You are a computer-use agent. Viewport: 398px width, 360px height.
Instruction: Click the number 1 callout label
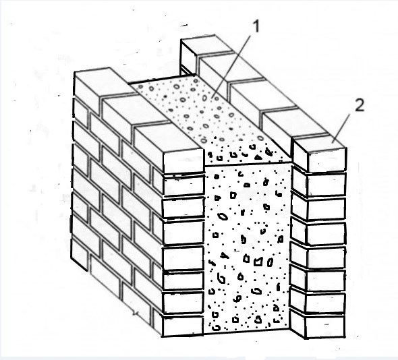pyautogui.click(x=256, y=26)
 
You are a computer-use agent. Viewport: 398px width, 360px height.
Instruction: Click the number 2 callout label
pyautogui.click(x=360, y=105)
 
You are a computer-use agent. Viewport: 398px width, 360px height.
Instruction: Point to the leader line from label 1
pyautogui.click(x=231, y=67)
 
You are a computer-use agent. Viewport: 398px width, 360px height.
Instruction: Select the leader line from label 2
pyautogui.click(x=341, y=128)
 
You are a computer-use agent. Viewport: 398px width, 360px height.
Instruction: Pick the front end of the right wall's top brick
pyautogui.click(x=326, y=160)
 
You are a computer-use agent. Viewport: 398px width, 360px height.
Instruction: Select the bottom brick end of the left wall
pyautogui.click(x=183, y=326)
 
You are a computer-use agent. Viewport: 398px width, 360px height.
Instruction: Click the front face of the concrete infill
pyautogui.click(x=248, y=247)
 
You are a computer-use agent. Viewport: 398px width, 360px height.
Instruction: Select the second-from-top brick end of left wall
pyautogui.click(x=183, y=185)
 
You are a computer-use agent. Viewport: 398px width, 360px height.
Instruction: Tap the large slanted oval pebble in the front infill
pyautogui.click(x=223, y=216)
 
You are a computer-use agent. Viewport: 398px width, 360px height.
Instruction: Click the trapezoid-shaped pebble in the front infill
pyautogui.click(x=258, y=262)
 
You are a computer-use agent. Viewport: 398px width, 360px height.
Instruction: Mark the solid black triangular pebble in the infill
pyautogui.click(x=258, y=157)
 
